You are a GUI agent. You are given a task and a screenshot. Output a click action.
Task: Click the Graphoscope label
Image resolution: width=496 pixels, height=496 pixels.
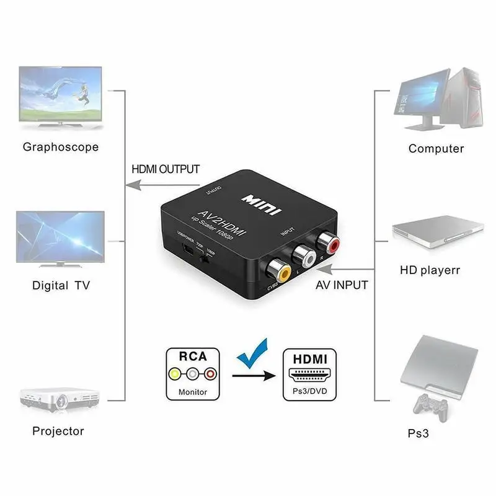coord(61,147)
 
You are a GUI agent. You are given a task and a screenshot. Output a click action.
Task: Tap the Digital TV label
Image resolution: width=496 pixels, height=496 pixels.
coord(61,286)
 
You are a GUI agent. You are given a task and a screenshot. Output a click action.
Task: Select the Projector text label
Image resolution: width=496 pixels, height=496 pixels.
coord(58,431)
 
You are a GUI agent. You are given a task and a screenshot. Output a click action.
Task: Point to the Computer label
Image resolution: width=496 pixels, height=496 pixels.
coord(436,148)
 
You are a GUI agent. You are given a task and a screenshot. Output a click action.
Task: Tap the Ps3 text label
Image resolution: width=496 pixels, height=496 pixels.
coord(436,434)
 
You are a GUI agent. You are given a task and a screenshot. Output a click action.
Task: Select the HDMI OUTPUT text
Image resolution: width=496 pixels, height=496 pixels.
coord(166,169)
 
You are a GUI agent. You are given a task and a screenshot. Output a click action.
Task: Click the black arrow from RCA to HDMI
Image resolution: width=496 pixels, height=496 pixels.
coord(254,374)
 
